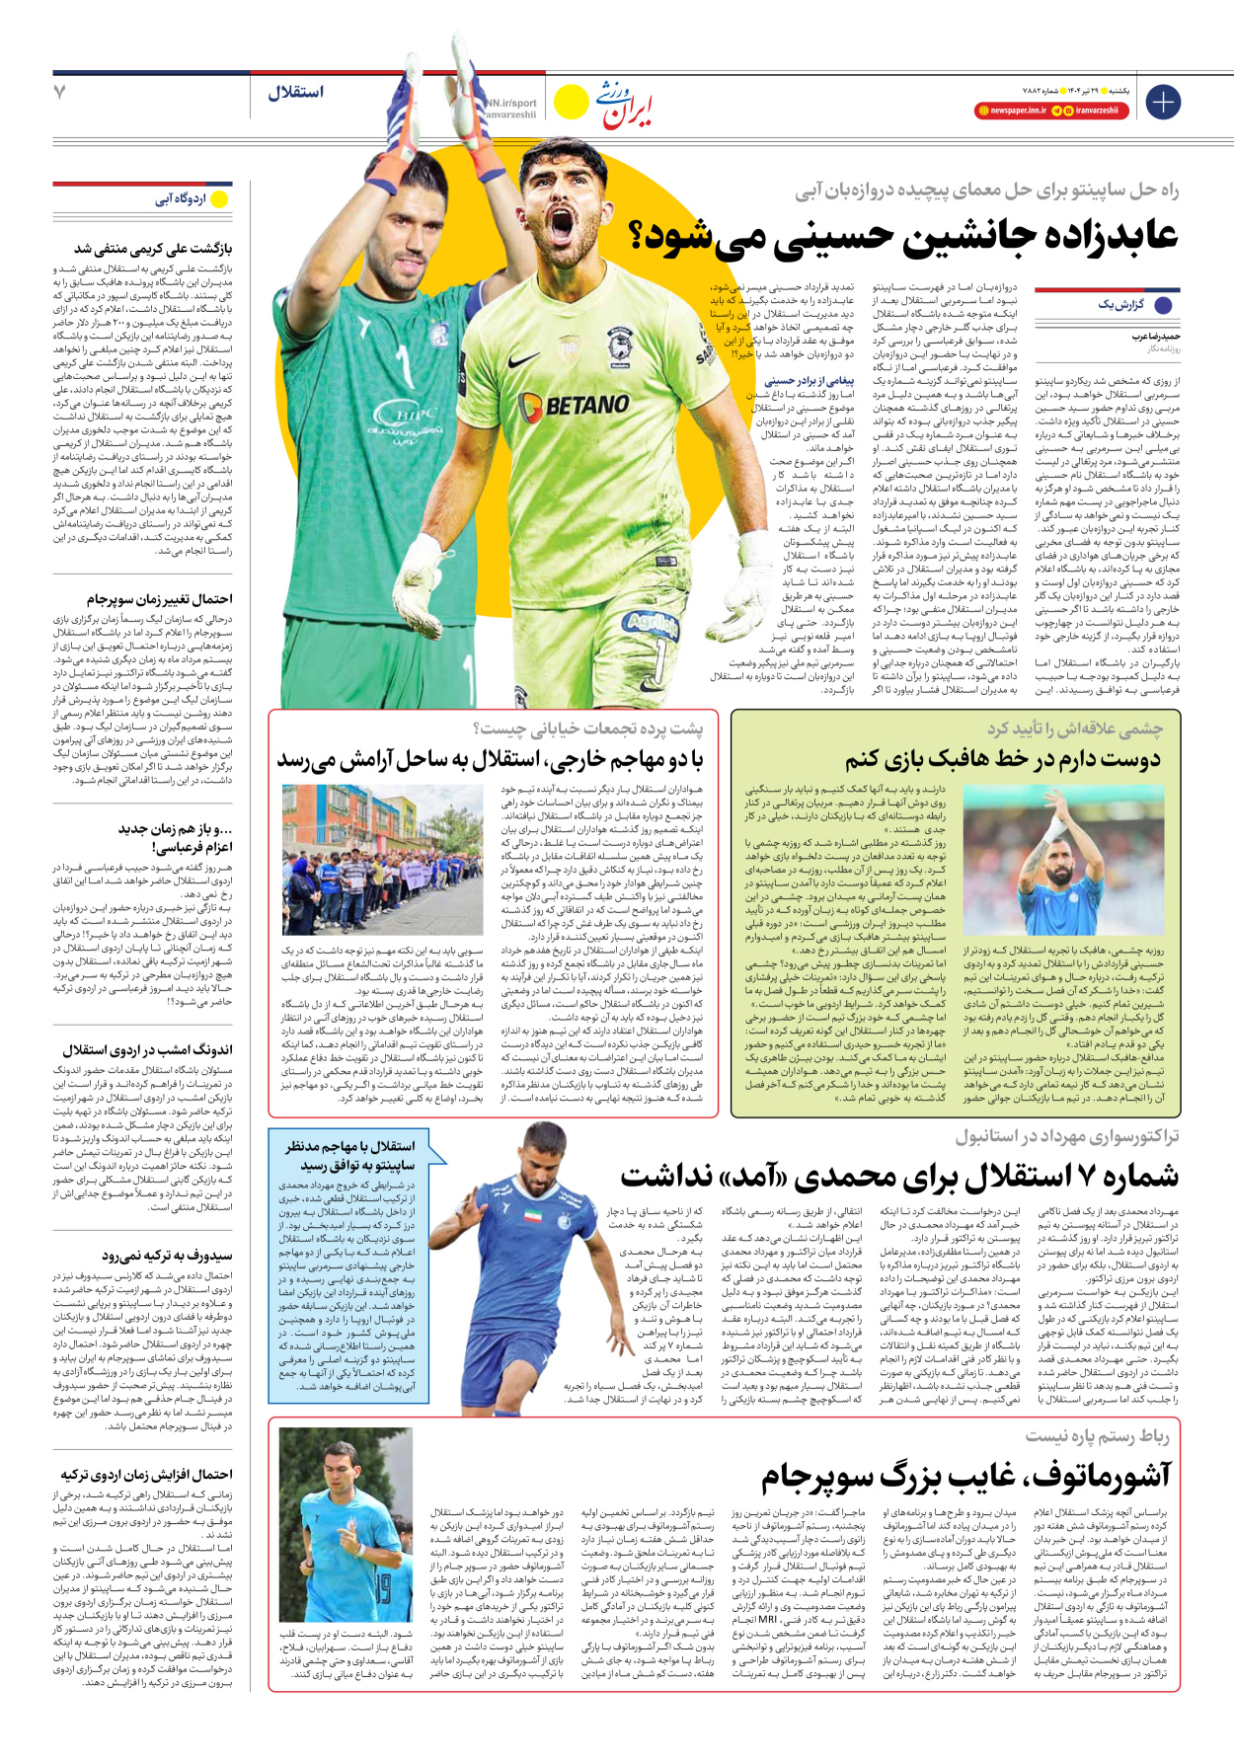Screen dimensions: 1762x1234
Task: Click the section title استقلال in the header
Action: coord(295,93)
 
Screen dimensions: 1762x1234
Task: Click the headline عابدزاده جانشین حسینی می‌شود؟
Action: coord(904,236)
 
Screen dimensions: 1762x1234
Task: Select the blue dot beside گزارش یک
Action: coord(1164,305)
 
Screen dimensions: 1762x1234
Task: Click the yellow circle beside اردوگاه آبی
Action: coord(219,199)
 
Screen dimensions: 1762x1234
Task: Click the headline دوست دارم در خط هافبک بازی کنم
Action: coord(1002,759)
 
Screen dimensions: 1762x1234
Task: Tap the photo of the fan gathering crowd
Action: coord(369,860)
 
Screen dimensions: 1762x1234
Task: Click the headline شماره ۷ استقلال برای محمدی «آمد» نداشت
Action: coord(899,1177)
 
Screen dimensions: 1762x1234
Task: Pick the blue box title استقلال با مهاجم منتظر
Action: coord(350,1147)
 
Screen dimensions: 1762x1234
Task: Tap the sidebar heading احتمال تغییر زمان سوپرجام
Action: coord(159,599)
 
